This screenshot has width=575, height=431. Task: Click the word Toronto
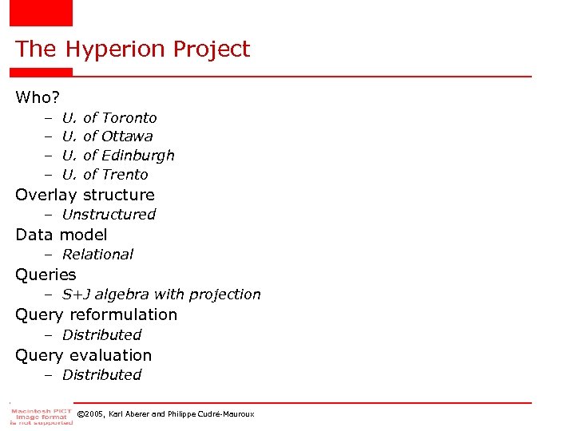[129, 118]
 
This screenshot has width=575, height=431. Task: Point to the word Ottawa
[127, 136]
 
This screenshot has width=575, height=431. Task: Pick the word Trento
[125, 175]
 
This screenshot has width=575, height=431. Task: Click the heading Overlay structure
[85, 195]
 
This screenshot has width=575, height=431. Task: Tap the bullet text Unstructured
[109, 215]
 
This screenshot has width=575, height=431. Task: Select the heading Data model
[61, 235]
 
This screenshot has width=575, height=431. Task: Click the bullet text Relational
[97, 255]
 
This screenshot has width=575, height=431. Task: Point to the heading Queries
[46, 275]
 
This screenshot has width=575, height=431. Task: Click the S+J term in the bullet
[77, 295]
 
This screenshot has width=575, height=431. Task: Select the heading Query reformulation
[96, 314]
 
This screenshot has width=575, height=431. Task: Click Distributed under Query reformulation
[101, 335]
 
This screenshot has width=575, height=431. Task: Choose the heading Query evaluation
[83, 355]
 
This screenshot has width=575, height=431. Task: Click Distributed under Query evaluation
[101, 375]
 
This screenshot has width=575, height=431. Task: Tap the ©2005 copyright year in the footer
[93, 414]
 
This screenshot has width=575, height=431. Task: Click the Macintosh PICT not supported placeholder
[41, 415]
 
